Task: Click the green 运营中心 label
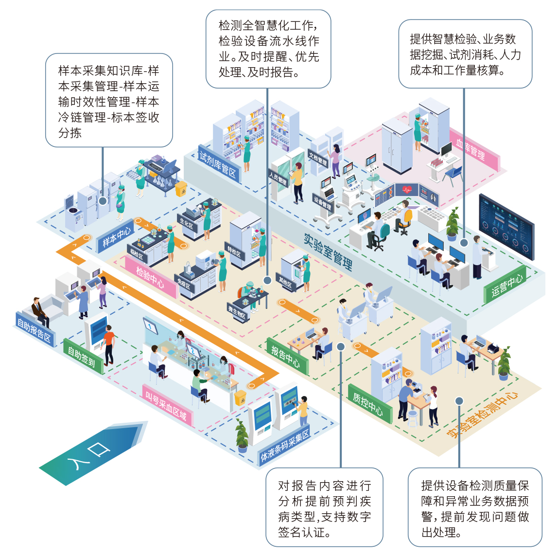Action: coord(506,285)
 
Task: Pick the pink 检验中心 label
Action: coord(150,277)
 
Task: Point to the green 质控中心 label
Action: coord(368,404)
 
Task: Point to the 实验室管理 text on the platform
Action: coord(328,251)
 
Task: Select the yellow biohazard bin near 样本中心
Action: coord(181,189)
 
